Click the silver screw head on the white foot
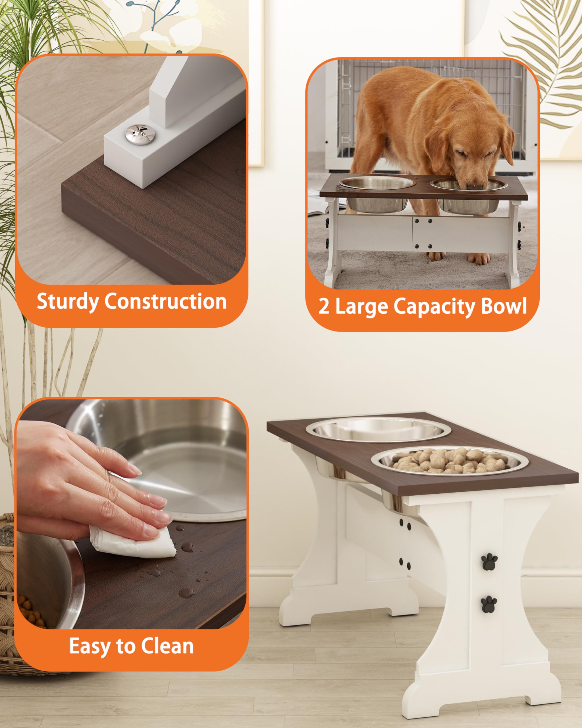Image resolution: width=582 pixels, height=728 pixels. (140, 134)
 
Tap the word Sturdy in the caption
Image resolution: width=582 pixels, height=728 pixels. (67, 301)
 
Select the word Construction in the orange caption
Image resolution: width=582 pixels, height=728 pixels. (165, 301)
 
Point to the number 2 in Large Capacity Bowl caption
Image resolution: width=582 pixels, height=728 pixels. (324, 306)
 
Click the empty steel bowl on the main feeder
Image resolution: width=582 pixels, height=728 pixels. (378, 429)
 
